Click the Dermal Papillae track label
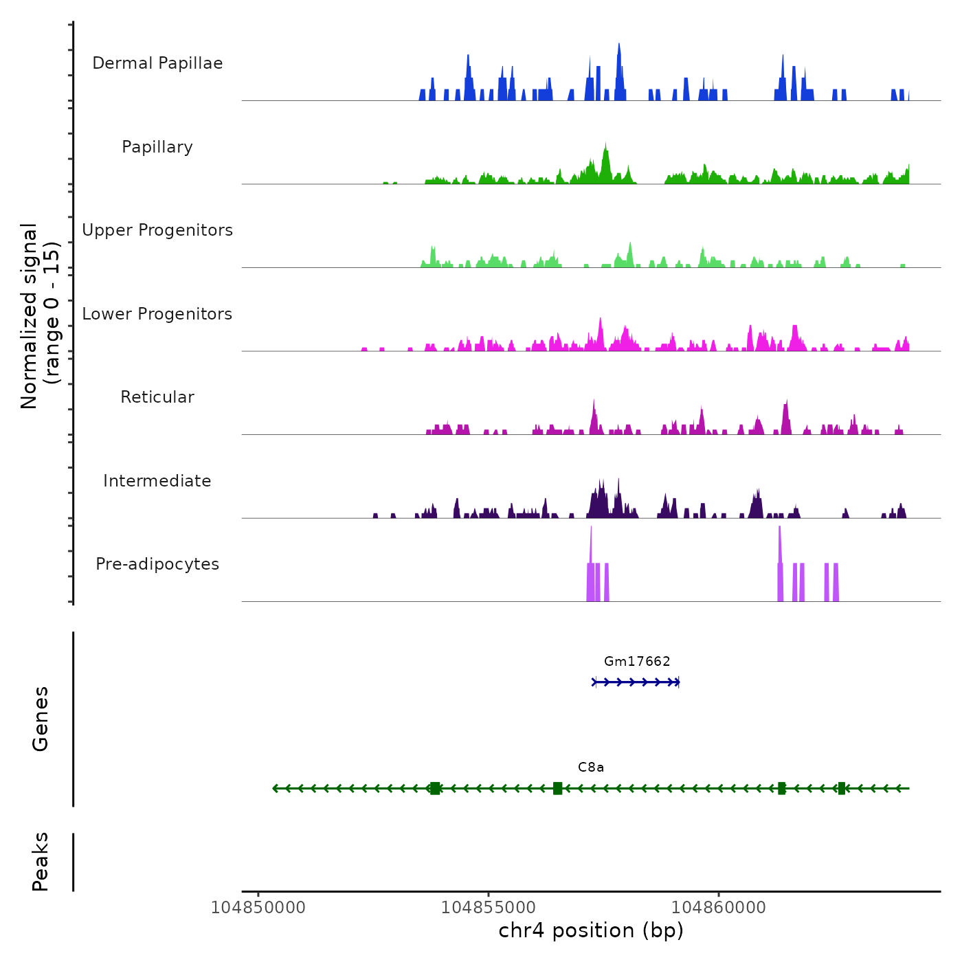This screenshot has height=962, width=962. coord(157,63)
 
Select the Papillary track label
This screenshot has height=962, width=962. coord(157,147)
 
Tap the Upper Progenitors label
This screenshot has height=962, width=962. coord(157,230)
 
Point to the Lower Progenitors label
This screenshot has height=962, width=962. coord(157,314)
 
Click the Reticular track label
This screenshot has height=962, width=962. coord(157,397)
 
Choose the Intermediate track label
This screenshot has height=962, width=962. coord(157,481)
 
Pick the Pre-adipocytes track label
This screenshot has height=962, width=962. coord(157,564)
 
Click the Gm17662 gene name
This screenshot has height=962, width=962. coord(637,662)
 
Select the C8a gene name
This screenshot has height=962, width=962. coord(591,768)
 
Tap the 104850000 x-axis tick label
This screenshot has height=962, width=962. coord(258,908)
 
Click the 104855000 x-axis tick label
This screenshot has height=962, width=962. coord(489,908)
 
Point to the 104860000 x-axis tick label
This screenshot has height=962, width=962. coord(719,908)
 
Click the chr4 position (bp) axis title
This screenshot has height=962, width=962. coord(591,931)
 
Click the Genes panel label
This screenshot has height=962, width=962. coord(41,719)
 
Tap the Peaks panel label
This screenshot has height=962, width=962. coord(41,862)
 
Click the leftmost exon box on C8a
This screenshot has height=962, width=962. coord(435,788)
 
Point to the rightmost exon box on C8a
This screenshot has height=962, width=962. coord(842,788)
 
